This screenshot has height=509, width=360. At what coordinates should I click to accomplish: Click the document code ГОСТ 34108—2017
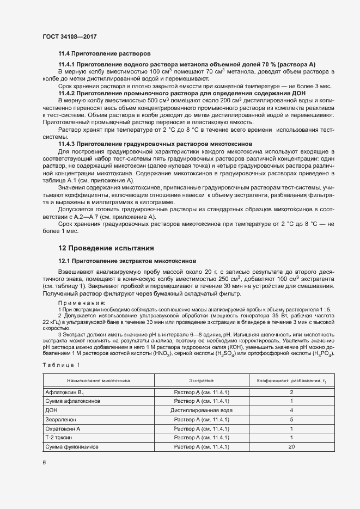pyautogui.click(x=69, y=36)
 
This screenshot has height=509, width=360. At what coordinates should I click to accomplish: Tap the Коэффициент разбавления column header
pyautogui.click(x=291, y=381)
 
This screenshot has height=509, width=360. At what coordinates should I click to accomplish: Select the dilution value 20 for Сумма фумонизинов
pyautogui.click(x=291, y=447)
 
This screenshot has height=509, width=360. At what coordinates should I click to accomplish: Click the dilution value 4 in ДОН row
pyautogui.click(x=291, y=410)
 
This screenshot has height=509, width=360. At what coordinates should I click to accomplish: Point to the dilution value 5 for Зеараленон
pyautogui.click(x=291, y=419)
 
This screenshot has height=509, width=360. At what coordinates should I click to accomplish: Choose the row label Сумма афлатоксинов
pyautogui.click(x=74, y=401)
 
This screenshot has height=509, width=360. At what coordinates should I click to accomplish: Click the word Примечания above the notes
pyautogui.click(x=82, y=302)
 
